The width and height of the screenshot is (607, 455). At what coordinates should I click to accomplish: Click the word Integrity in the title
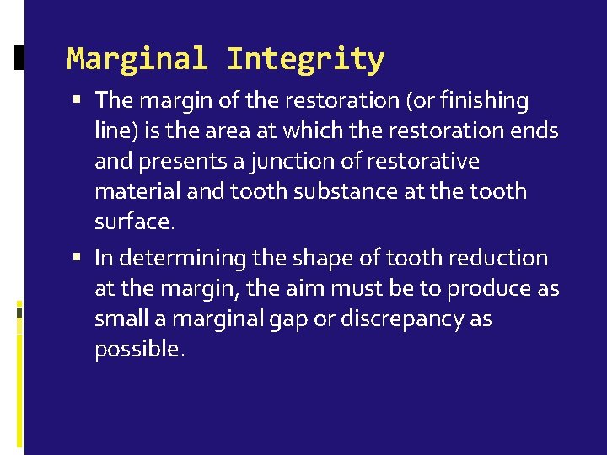point(305,60)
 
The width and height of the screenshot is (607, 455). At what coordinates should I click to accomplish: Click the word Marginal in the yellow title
point(137,60)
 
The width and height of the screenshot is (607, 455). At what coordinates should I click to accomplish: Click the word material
point(136,191)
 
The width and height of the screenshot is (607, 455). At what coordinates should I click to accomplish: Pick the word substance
point(336,191)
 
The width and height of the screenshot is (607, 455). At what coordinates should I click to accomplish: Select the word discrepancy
point(399,319)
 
